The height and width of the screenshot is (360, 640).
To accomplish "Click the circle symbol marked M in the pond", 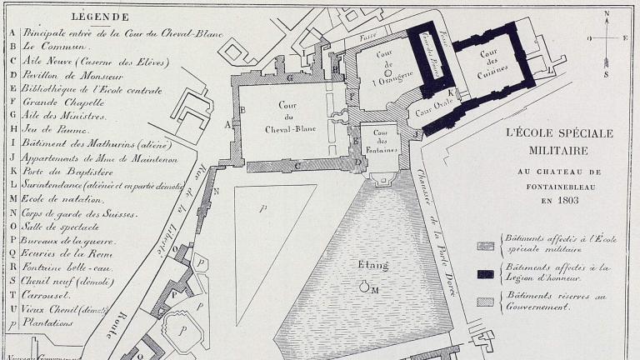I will [x=364, y=287].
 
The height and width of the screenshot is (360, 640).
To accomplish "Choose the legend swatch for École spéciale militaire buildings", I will [x=486, y=244].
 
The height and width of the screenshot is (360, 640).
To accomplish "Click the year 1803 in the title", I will [x=557, y=201].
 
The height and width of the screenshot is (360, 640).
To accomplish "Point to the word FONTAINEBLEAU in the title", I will [x=557, y=187].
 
